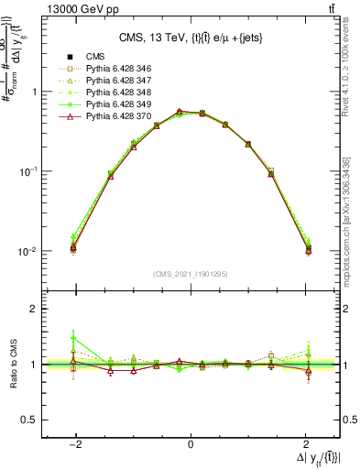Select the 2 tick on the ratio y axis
32,310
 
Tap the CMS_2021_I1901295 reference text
191,273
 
